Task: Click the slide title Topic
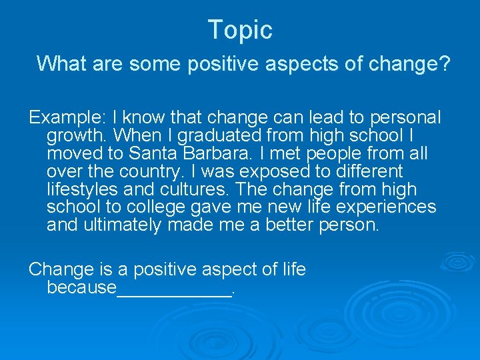point(240,30)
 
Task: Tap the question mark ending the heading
point(444,64)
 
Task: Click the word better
point(292,225)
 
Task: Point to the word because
point(81,288)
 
